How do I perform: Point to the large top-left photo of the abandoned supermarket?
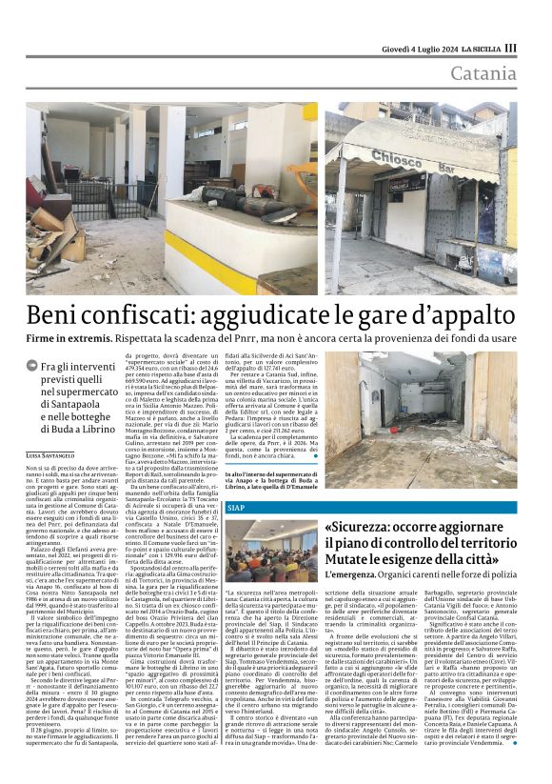[x=171, y=197]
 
